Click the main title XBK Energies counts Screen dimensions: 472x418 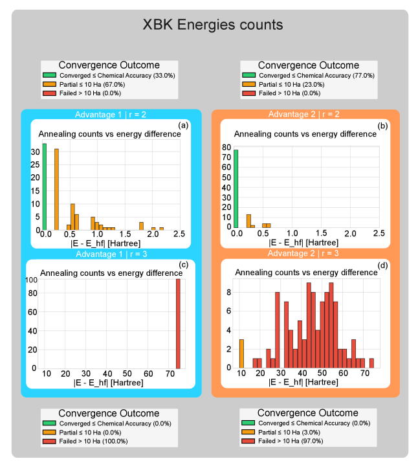tap(213, 25)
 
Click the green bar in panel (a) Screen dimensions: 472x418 tap(44, 187)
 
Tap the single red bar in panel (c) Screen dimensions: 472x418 tap(178, 324)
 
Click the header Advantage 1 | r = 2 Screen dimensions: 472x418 tap(111, 115)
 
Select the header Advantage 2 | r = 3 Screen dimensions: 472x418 tap(305, 253)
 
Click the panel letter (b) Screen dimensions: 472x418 tap(382, 125)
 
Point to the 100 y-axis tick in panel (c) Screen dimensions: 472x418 tap(31, 280)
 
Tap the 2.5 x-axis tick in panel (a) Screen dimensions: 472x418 tap(179, 234)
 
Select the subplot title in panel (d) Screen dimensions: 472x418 tap(305, 273)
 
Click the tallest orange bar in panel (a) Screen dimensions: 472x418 tap(56, 189)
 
